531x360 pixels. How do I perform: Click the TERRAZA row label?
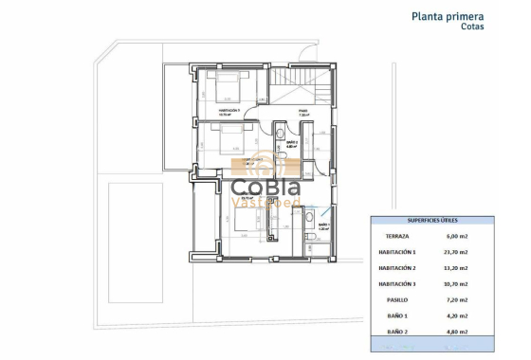click(398, 236)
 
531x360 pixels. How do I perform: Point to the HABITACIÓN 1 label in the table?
click(398, 252)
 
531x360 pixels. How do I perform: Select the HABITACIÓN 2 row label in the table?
click(398, 268)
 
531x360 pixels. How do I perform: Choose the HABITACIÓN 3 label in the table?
click(398, 283)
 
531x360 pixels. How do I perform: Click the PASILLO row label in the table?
click(398, 299)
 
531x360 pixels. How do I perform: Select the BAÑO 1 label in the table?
click(398, 315)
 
